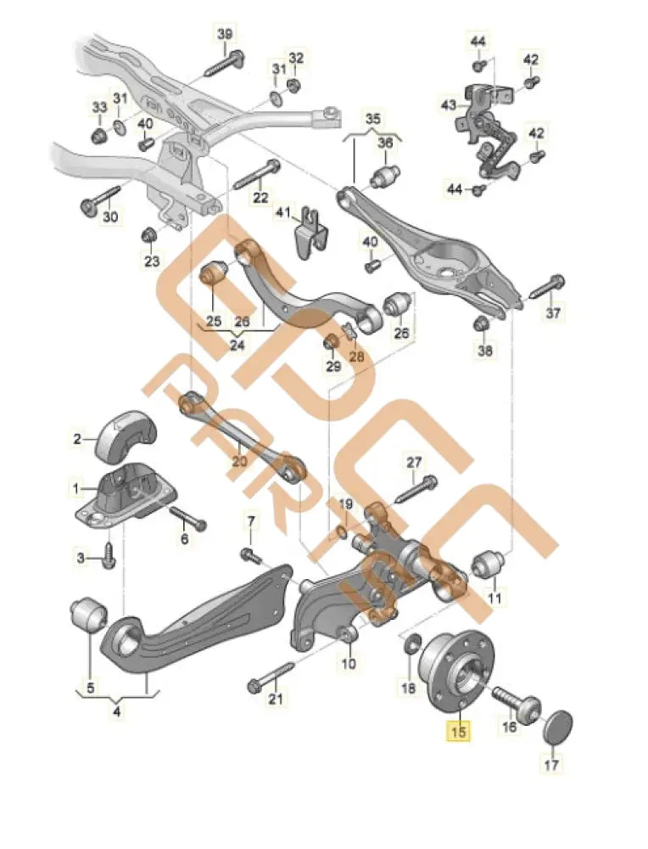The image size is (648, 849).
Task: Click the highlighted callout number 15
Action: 458,729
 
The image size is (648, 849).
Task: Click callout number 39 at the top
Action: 225,33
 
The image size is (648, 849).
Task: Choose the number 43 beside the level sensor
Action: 449,105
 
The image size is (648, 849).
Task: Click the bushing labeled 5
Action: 86,614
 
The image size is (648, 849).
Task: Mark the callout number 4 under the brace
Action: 117,711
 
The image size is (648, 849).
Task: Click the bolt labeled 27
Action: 415,489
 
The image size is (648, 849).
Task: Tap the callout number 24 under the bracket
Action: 237,345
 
